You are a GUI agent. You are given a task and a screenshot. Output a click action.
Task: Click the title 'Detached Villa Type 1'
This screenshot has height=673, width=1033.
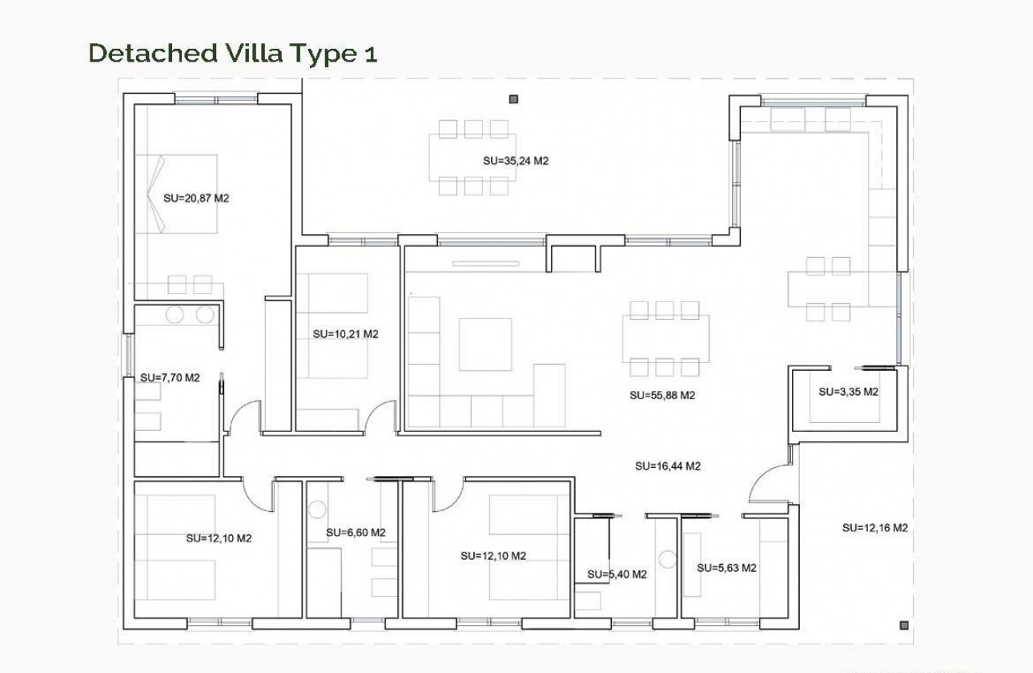[232, 53]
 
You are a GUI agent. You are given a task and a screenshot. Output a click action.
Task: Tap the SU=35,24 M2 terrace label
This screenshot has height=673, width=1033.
[516, 160]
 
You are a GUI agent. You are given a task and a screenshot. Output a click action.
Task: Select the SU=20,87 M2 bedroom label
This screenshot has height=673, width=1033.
[196, 198]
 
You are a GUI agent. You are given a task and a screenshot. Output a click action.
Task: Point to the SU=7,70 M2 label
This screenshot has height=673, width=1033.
[170, 377]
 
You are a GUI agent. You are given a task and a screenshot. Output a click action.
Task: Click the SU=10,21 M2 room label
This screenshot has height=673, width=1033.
[345, 334]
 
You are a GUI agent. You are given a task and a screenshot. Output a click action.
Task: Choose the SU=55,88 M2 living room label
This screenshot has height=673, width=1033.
[661, 395]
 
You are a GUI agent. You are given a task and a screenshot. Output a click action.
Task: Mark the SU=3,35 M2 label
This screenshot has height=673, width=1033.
[848, 393]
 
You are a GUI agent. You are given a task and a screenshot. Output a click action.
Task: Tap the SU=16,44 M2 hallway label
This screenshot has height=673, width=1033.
[668, 465]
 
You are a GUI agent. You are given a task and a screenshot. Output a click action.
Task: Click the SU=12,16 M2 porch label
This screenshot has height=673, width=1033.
[874, 528]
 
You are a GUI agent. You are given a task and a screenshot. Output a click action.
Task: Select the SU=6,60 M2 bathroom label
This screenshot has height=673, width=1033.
[356, 532]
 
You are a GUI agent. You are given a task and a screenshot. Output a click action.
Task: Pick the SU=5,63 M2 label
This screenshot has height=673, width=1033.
[726, 568]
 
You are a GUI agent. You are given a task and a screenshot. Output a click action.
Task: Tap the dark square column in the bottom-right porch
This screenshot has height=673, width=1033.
[903, 625]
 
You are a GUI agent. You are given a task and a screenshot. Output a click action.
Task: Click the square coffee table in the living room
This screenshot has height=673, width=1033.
[484, 345]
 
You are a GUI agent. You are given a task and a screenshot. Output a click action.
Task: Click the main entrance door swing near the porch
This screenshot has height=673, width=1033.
[767, 485]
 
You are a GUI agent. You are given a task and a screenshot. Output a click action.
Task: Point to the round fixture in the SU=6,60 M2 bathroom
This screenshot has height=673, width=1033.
[317, 508]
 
